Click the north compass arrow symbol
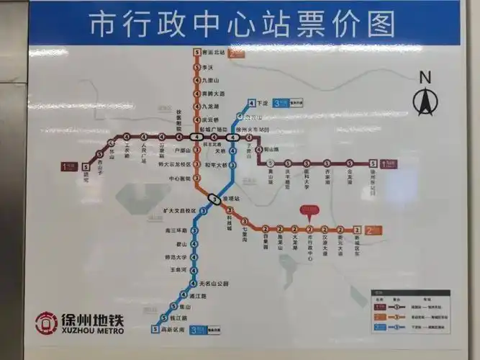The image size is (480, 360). coord(425,99)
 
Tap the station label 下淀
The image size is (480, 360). coord(263,102)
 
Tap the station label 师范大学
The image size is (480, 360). coord(176,257)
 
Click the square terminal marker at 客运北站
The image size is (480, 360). coord(195,53)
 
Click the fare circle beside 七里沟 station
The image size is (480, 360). coord(244,221)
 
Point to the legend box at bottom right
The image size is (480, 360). coord(410,309)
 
